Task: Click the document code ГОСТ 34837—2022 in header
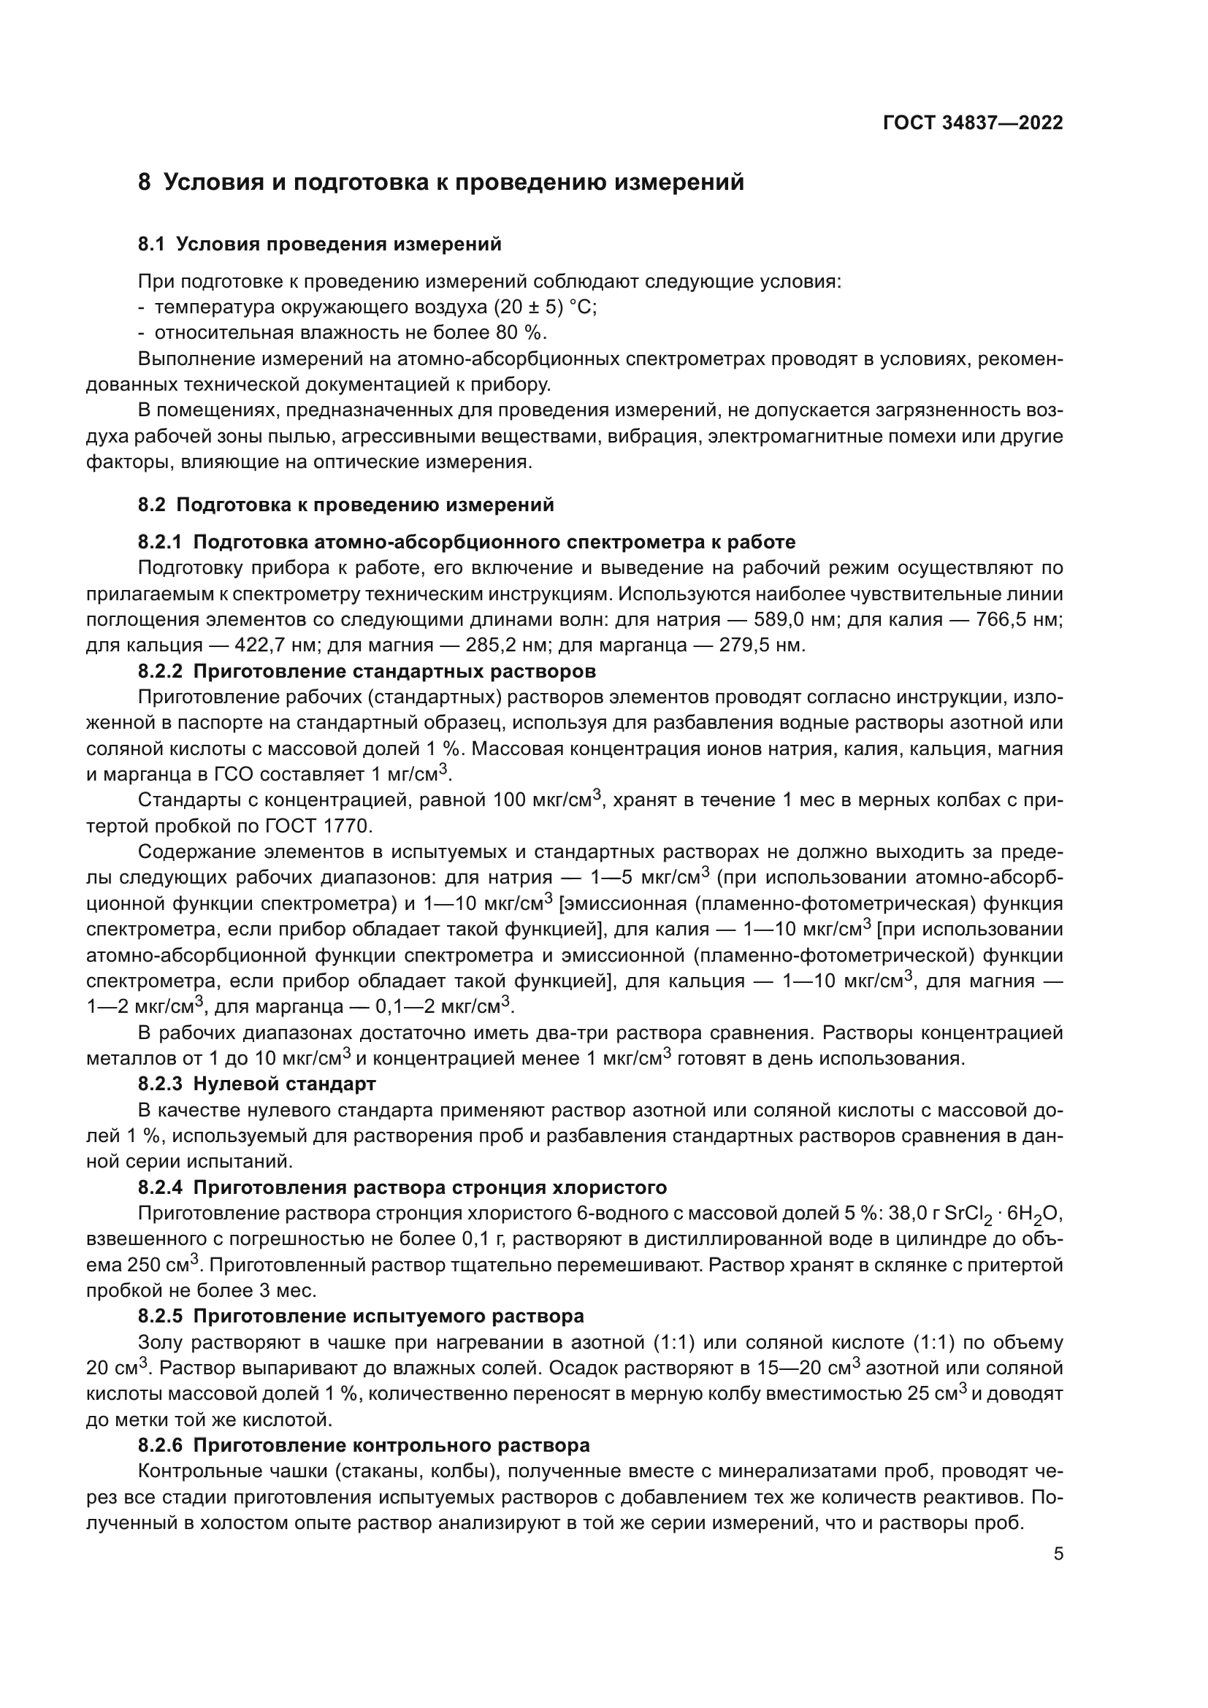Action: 973,123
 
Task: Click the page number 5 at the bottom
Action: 1058,1553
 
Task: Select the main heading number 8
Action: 145,183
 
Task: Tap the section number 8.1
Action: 152,244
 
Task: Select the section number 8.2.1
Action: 160,542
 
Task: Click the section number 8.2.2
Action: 160,671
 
